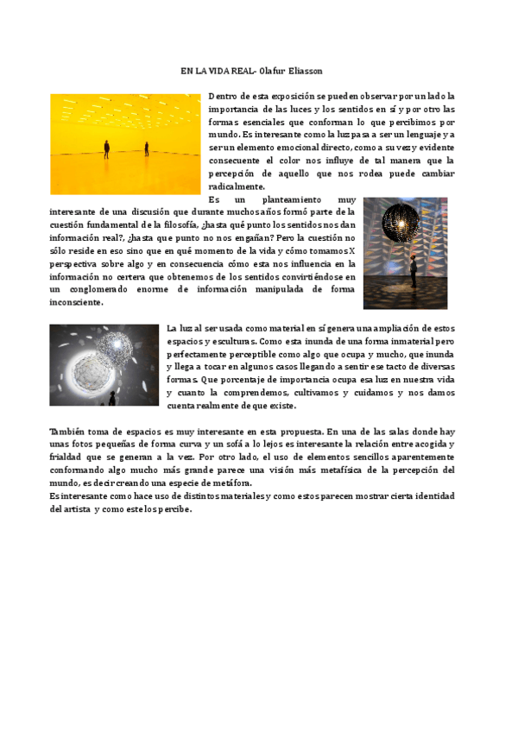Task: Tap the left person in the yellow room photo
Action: coord(106,148)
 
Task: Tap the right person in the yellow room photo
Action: coord(147,148)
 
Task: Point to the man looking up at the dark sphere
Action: coord(414,274)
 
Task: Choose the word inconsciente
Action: coord(77,302)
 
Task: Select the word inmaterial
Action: coord(395,342)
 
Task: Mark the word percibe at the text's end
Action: coord(171,508)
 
